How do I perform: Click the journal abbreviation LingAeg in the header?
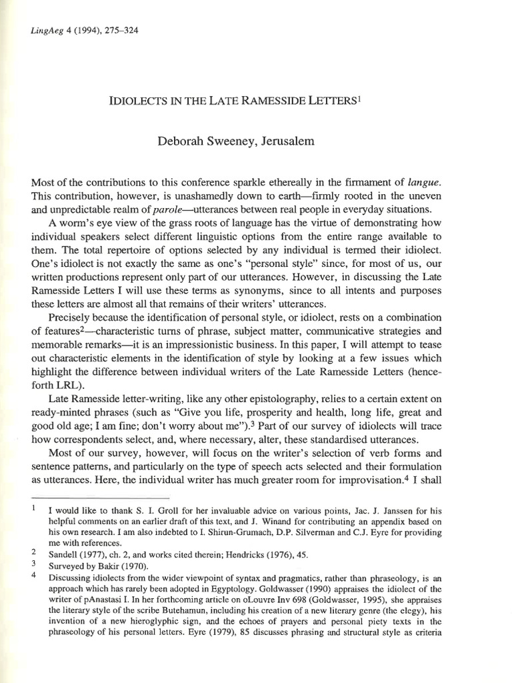[x=45, y=31]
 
